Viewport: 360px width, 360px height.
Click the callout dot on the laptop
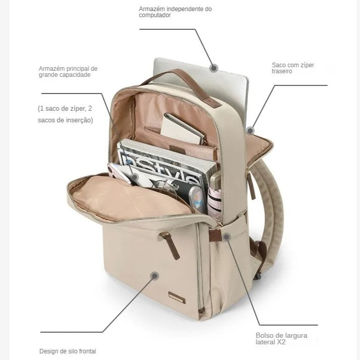click(214, 68)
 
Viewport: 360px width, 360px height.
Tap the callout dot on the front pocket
click(155, 276)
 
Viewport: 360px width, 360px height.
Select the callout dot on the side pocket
click(227, 237)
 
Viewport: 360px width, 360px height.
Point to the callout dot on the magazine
click(135, 177)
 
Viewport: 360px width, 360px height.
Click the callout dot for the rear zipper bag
click(250, 130)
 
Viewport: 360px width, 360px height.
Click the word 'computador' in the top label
click(155, 15)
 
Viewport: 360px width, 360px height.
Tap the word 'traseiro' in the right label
click(282, 71)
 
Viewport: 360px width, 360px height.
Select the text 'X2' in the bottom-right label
click(281, 342)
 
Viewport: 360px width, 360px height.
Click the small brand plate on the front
click(177, 298)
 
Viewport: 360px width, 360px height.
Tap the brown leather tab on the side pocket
click(215, 235)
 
